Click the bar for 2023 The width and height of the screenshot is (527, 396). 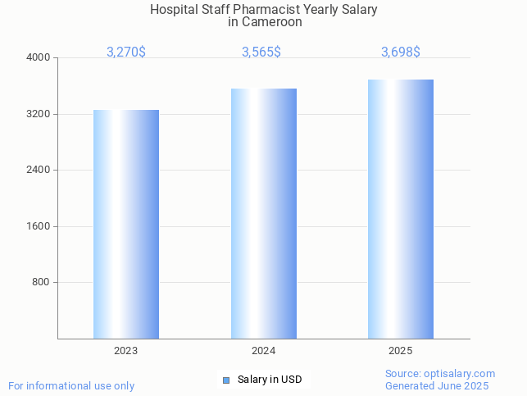126,224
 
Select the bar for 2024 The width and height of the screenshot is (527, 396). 264,213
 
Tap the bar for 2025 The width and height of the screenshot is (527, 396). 401,209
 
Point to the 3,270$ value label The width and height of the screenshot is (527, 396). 126,52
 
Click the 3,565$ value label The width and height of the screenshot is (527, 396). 261,52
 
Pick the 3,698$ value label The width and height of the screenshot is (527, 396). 401,52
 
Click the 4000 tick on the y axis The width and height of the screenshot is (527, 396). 39,58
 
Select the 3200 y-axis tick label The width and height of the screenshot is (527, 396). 39,114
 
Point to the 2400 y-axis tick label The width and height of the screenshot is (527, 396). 39,171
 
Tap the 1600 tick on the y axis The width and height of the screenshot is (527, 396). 39,226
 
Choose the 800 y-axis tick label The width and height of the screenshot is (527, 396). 42,283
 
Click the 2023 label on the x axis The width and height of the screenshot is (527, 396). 126,351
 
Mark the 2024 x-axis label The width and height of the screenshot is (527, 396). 264,351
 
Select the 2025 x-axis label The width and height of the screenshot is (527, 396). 401,351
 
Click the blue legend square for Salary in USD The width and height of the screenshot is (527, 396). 226,380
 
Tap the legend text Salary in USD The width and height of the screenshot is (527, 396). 270,380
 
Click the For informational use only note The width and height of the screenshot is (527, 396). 71,386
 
